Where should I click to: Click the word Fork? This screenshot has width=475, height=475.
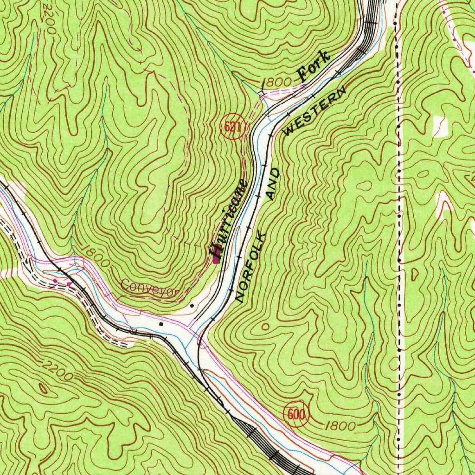tap(315, 66)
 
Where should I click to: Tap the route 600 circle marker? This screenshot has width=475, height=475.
tap(295, 414)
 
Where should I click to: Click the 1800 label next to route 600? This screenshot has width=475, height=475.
tap(341, 426)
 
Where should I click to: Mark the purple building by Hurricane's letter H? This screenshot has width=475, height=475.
tap(216, 261)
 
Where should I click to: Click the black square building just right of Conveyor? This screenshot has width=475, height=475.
tap(192, 306)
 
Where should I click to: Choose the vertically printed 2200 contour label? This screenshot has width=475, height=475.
tap(49, 18)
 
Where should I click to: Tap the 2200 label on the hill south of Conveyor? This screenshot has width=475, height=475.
tap(57, 371)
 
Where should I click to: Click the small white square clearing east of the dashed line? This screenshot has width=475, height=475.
tap(439, 125)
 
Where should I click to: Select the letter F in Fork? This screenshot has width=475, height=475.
tap(303, 73)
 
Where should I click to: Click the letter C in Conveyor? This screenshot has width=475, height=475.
tap(126, 284)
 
